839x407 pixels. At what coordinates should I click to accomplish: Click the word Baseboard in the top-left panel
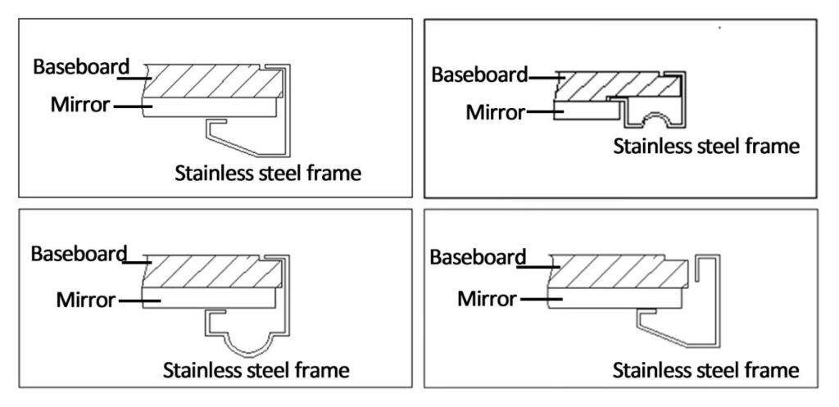[x=81, y=67]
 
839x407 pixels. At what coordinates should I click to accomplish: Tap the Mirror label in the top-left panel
[x=79, y=105]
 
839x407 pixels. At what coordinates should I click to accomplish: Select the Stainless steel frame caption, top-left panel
[x=268, y=174]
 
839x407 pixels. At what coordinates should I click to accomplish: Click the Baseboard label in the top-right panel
[x=479, y=75]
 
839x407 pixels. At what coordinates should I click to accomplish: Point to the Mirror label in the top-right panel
[x=495, y=113]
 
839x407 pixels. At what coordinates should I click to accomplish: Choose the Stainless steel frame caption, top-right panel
[x=706, y=146]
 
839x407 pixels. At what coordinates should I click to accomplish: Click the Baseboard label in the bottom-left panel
[x=79, y=254]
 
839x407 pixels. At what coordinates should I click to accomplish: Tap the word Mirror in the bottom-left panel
[x=85, y=300]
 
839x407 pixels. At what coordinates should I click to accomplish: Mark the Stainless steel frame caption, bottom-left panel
[x=256, y=370]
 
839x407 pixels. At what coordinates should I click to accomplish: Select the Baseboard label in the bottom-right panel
[x=478, y=257]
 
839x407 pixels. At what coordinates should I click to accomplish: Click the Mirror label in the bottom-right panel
[x=487, y=298]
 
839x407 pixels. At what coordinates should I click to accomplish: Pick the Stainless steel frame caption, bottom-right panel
[x=705, y=370]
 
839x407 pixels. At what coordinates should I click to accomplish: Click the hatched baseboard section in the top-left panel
[x=214, y=81]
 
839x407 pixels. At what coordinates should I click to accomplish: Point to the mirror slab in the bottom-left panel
[x=209, y=298]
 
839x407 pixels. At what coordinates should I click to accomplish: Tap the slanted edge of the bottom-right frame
[x=664, y=336]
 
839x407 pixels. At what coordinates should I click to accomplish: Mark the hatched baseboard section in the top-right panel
[x=618, y=85]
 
